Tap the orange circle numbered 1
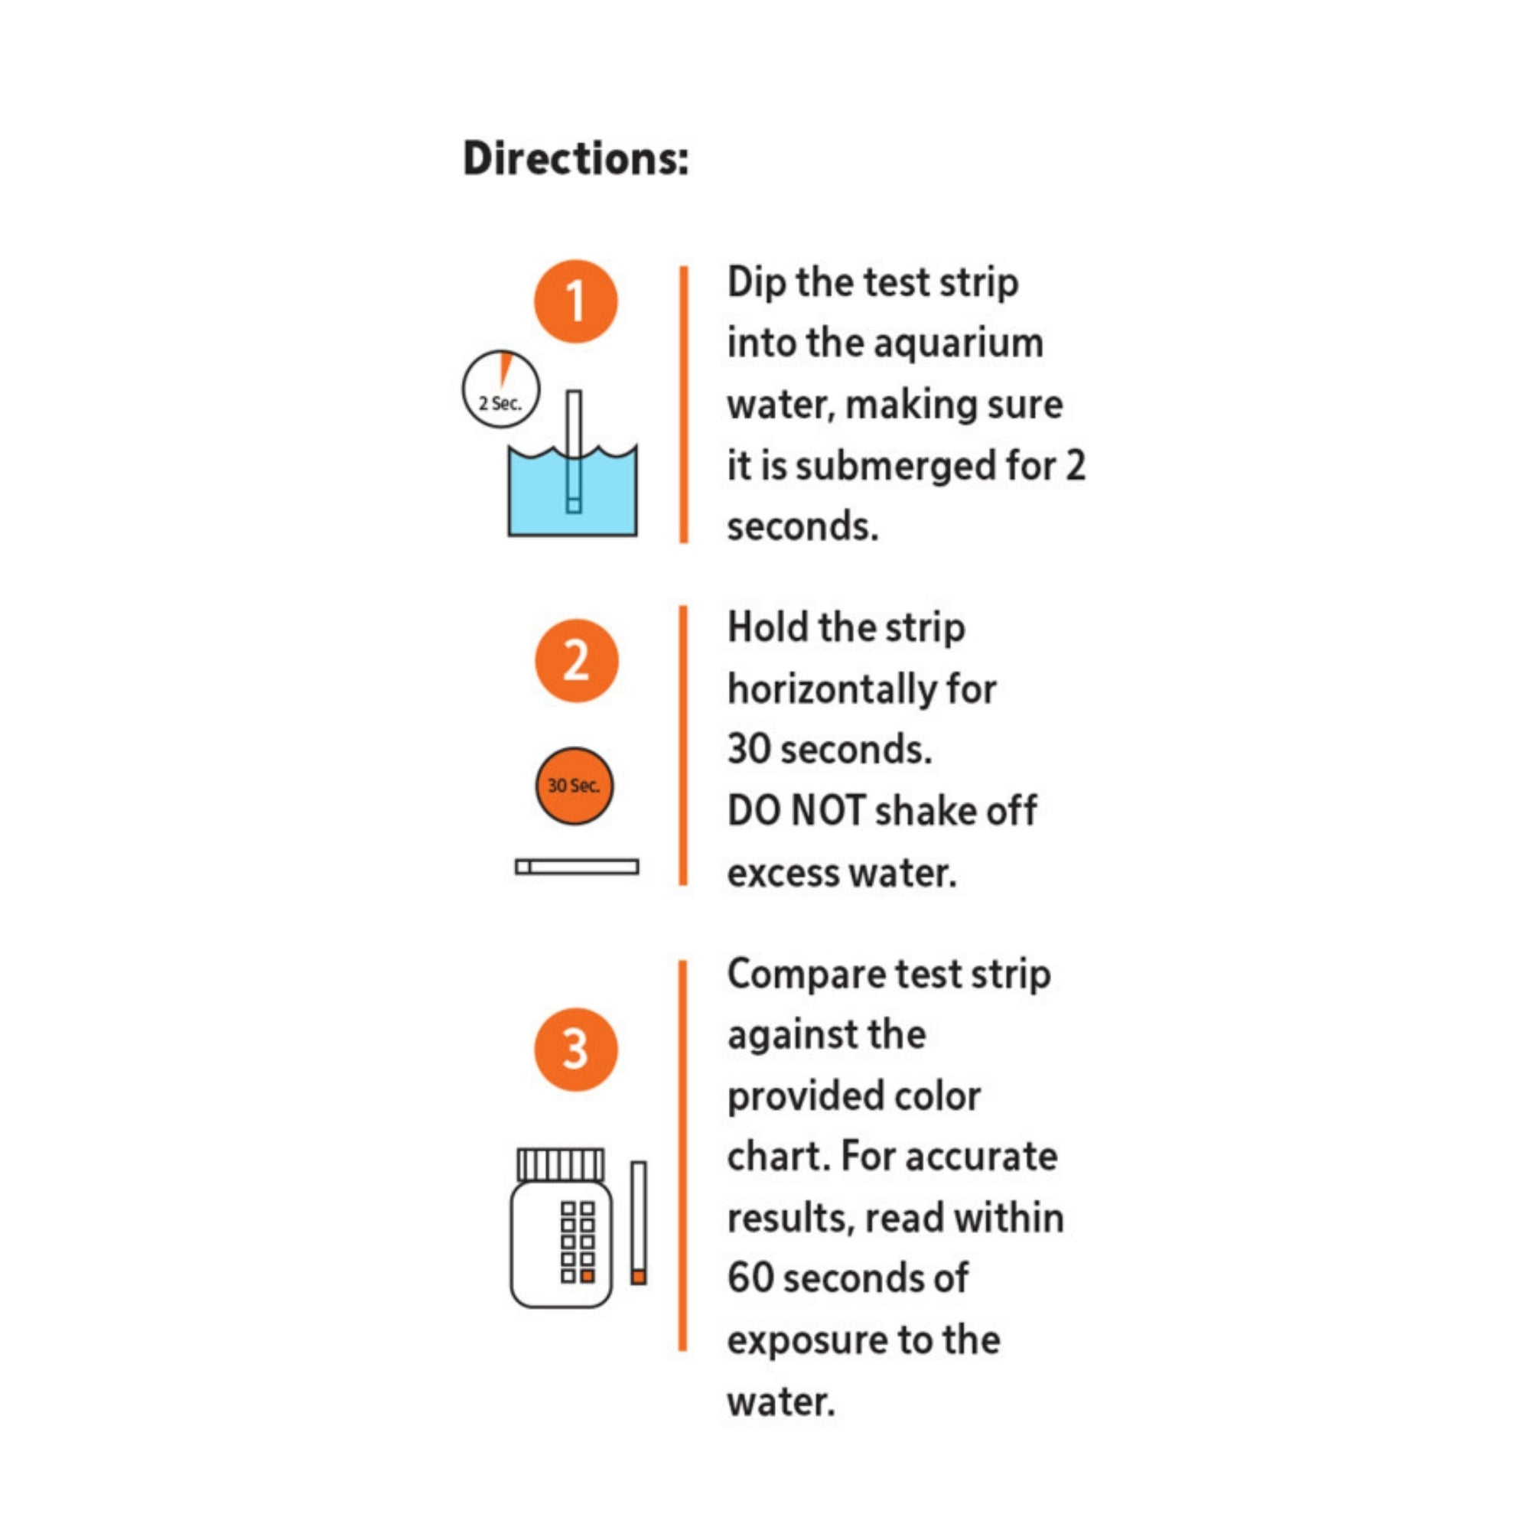point(576,301)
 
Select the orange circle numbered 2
point(576,660)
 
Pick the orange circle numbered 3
point(576,1050)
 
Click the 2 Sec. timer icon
point(500,389)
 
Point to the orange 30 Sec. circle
point(575,786)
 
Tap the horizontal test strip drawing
point(577,867)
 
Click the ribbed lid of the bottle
point(561,1164)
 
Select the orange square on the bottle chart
point(587,1276)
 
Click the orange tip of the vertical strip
point(638,1277)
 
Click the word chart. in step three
point(778,1156)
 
